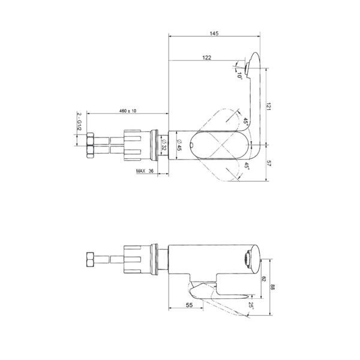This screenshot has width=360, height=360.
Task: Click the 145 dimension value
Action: click(x=214, y=33)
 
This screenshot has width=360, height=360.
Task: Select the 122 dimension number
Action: click(x=206, y=58)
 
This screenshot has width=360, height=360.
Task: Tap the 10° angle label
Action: click(x=239, y=76)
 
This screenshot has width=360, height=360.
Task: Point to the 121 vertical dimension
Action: click(x=268, y=106)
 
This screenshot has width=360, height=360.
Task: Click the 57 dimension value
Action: click(x=269, y=163)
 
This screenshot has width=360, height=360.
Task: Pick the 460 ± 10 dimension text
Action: click(x=128, y=110)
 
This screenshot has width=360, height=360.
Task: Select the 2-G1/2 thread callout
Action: click(x=79, y=121)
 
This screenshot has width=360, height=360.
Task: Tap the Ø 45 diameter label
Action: click(x=179, y=145)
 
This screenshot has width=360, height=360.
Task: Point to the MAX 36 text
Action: click(x=145, y=171)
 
